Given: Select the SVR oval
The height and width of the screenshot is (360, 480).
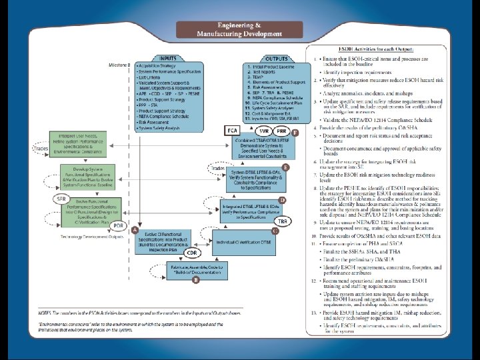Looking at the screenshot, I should tap(264, 129).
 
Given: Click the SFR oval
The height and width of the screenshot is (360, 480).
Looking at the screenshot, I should tap(61, 199).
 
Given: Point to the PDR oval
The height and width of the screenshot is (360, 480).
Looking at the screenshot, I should tap(118, 226).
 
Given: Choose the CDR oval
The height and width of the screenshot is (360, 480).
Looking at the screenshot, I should tap(191, 253).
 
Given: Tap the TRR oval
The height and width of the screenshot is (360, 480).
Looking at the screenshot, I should tap(283, 221).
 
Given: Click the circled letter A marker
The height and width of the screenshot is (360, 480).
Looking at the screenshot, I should tap(135, 230).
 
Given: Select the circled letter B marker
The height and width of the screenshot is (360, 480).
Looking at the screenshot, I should tap(195, 281).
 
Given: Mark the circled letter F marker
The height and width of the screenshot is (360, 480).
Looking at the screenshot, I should tap(295, 134).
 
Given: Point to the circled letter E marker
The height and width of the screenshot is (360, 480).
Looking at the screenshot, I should tap(285, 167).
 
